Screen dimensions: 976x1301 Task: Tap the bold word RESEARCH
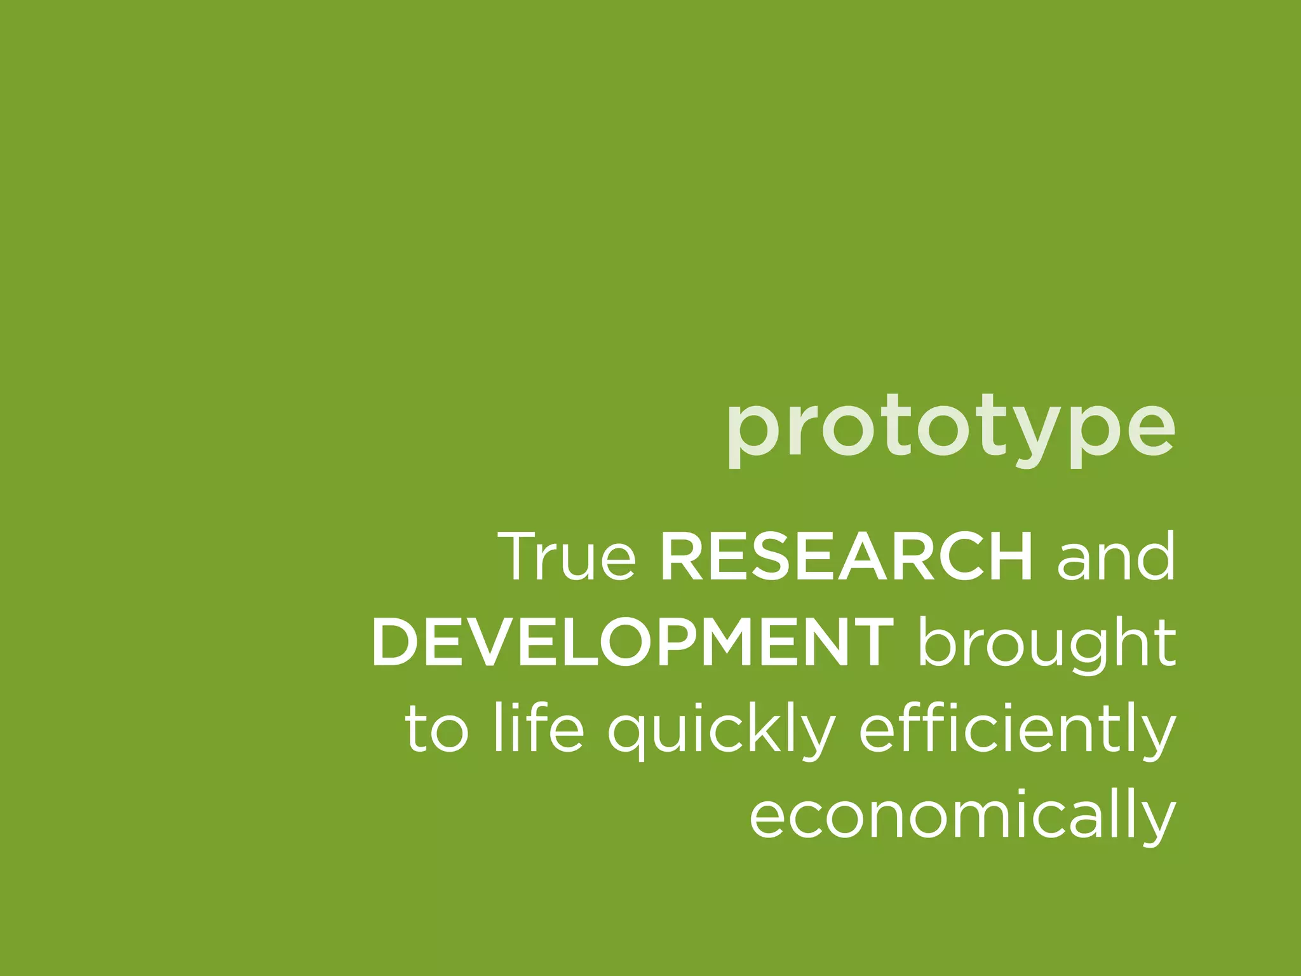(846, 557)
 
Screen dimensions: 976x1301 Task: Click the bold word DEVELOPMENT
(633, 643)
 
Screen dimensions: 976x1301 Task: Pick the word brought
(1046, 643)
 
